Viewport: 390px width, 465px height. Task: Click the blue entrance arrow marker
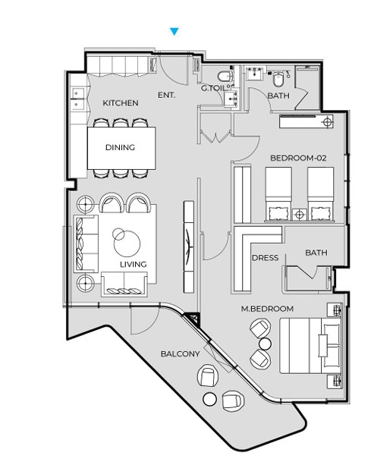point(175,31)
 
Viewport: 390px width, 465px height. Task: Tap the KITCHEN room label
point(121,103)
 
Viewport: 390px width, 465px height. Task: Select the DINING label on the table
point(120,147)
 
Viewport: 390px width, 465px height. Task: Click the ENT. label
point(166,95)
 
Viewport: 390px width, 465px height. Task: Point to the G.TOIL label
point(213,88)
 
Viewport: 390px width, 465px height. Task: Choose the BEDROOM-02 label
point(298,158)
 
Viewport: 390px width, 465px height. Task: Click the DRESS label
point(265,258)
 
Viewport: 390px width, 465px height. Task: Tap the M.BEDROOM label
point(267,309)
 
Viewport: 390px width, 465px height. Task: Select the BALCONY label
point(181,353)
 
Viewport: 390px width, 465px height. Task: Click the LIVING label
point(134,264)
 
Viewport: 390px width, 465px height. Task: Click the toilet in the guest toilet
point(225,76)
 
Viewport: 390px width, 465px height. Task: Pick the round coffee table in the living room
point(127,243)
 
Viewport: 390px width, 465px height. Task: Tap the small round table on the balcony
point(209,399)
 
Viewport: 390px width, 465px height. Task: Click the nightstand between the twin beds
point(299,215)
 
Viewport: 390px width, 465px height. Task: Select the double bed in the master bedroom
point(310,346)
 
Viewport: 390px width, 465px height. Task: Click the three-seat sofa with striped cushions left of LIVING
point(86,243)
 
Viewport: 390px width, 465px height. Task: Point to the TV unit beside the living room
point(189,247)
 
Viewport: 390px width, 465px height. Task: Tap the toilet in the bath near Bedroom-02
point(278,78)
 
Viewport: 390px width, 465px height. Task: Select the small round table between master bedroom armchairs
point(265,344)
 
